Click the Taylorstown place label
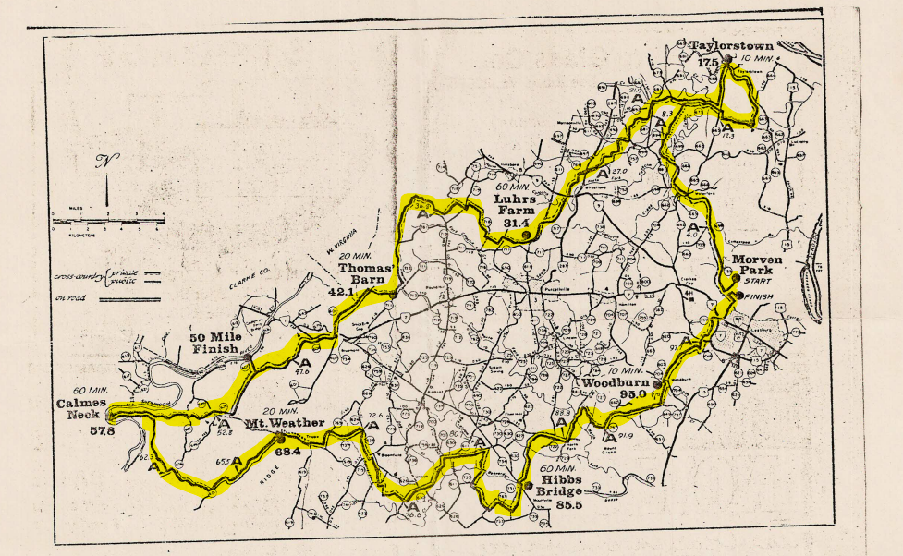pyautogui.click(x=731, y=44)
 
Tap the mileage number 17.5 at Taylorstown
pyautogui.click(x=709, y=62)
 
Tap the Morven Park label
pyautogui.click(x=757, y=267)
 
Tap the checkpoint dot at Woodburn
pyautogui.click(x=657, y=384)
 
